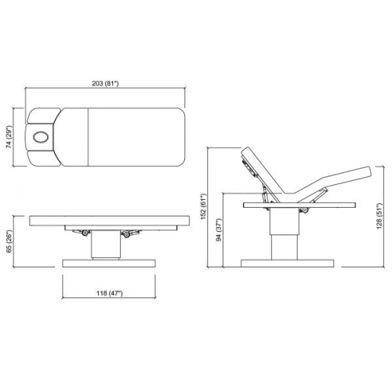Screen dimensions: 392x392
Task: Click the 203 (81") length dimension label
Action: coord(105,84)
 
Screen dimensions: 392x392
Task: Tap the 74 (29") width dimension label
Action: coord(9,138)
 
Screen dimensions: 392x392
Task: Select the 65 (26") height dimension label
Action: coord(9,241)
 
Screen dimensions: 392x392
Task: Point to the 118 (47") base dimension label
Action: coord(109,293)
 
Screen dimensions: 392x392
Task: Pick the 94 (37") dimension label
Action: coord(220,230)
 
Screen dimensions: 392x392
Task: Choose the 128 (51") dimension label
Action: coord(379,216)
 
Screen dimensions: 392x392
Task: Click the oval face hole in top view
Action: coord(41,137)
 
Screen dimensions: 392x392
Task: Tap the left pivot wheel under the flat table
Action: coord(85,233)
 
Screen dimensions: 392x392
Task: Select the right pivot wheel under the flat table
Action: coord(127,234)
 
